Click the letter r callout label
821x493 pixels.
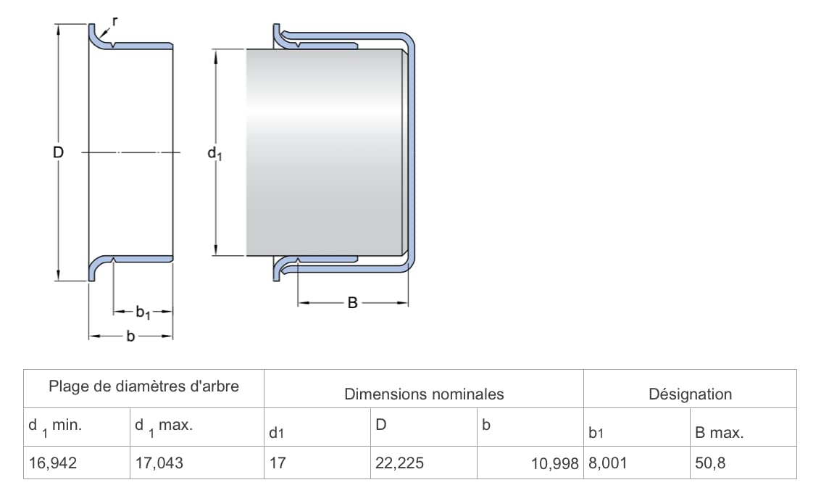coord(114,22)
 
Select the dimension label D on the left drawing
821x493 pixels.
coord(58,152)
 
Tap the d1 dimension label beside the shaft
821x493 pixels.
coord(214,154)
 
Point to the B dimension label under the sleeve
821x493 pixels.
coord(352,303)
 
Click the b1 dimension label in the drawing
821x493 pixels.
coord(143,312)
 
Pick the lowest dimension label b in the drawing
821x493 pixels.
coord(131,336)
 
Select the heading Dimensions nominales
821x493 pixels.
coord(424,394)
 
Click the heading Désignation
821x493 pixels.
coord(690,394)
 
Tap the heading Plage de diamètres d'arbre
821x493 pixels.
coord(144,386)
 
